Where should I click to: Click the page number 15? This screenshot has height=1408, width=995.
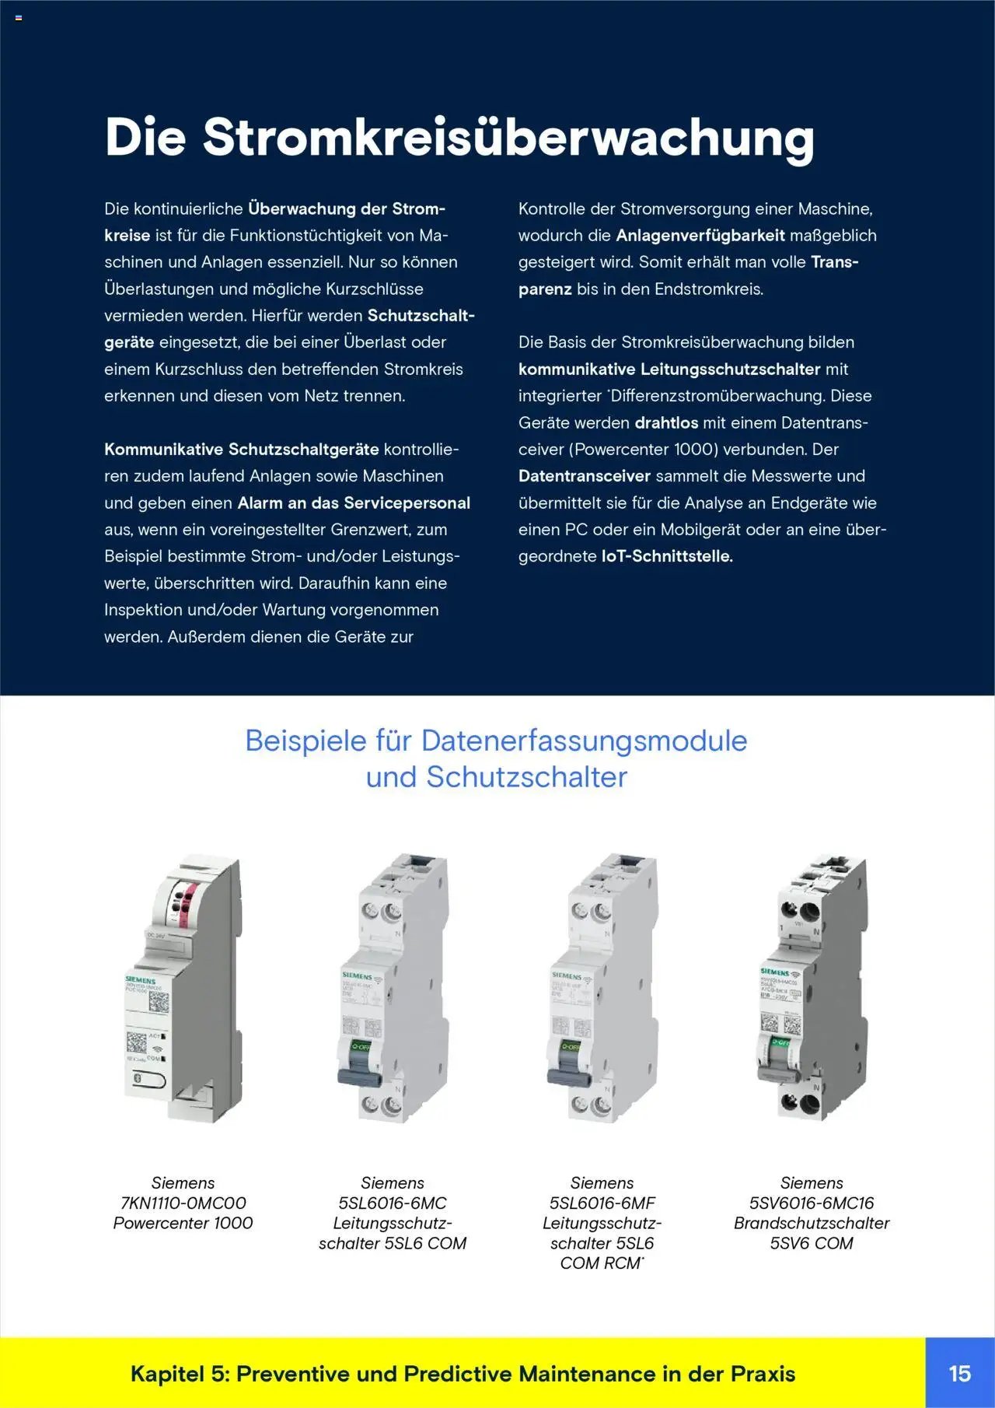click(959, 1373)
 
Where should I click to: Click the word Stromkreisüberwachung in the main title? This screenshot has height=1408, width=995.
click(508, 138)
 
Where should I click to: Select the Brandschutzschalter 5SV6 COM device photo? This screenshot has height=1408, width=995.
click(812, 988)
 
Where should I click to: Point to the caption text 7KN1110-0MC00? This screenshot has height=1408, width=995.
click(183, 1203)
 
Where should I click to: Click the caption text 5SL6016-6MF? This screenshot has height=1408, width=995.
click(602, 1203)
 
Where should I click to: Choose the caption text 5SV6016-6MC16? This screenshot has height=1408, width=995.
click(812, 1203)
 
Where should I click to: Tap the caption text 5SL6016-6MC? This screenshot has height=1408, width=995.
click(393, 1203)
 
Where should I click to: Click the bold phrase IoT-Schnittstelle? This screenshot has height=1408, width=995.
click(667, 556)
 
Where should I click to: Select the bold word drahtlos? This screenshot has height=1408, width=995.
click(666, 422)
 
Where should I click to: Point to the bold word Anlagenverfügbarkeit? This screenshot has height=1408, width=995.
click(700, 235)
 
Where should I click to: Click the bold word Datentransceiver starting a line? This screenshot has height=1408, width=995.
click(585, 475)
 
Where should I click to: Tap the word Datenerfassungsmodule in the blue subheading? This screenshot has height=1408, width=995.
click(584, 741)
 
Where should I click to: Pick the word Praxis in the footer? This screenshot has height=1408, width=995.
click(763, 1374)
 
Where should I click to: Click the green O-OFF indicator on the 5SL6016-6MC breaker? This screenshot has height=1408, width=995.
click(361, 1046)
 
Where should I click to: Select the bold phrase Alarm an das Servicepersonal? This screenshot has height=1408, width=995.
click(354, 503)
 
